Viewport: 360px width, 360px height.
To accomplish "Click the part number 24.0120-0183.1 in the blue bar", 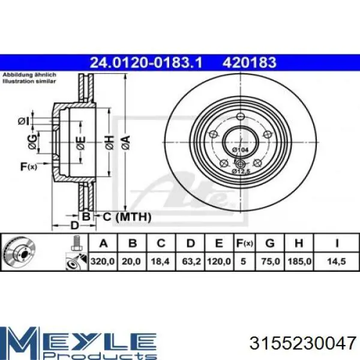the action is [x=146, y=62].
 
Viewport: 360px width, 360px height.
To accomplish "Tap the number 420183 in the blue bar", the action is [x=249, y=62].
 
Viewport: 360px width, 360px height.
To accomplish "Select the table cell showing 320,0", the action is [x=103, y=261].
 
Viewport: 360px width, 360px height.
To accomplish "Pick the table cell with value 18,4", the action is [x=160, y=261].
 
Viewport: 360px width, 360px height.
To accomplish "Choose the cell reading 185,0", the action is [x=299, y=261].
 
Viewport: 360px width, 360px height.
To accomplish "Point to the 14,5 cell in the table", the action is [x=337, y=261].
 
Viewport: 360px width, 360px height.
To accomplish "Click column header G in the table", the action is [x=270, y=243].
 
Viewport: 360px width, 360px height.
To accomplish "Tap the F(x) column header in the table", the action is [x=245, y=243].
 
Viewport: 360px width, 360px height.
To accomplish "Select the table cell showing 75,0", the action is [x=270, y=261].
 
